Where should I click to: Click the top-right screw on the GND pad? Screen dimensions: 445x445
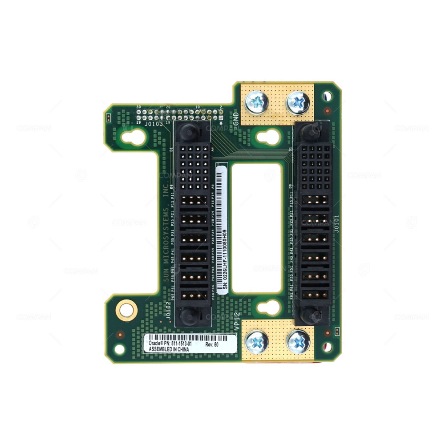tap(299, 103)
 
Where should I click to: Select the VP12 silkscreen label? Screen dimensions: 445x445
tap(237, 320)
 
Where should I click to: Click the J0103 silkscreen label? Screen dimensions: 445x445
tap(154, 124)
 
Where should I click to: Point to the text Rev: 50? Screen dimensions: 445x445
tap(212, 344)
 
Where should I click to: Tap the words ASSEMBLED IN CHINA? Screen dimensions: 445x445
tap(166, 350)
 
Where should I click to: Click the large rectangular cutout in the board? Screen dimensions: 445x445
tap(256, 228)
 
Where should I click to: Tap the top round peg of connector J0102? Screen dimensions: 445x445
tap(188, 131)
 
